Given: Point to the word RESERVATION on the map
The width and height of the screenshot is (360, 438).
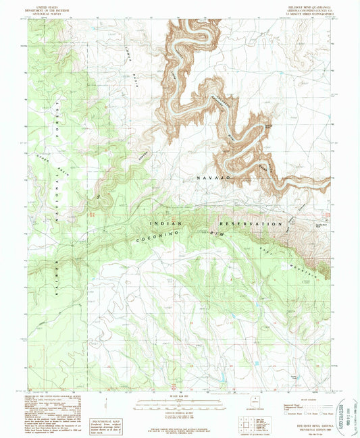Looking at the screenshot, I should pyautogui.click(x=250, y=223).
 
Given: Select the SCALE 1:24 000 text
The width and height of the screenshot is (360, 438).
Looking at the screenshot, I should pyautogui.click(x=179, y=395).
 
